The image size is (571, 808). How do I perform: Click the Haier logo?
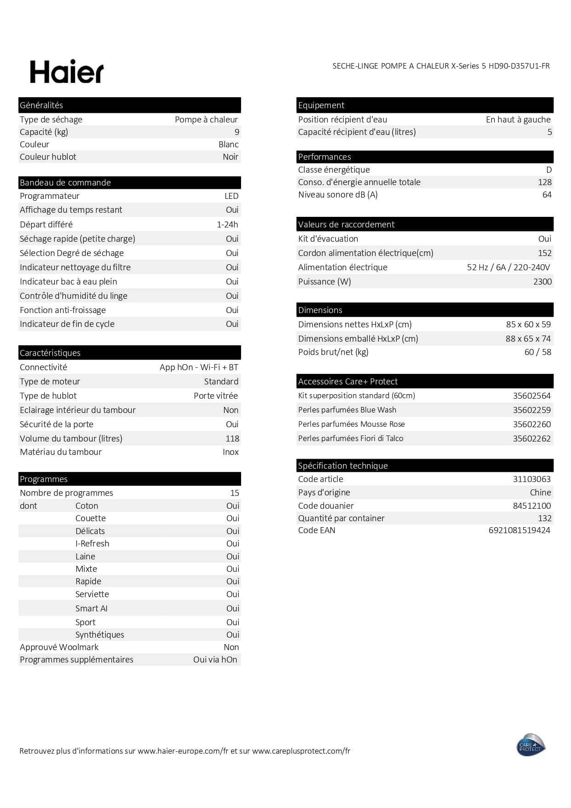click(x=67, y=72)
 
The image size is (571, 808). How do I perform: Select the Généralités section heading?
click(x=41, y=105)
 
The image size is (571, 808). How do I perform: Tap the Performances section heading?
click(x=324, y=157)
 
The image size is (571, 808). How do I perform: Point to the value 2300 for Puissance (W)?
click(x=542, y=282)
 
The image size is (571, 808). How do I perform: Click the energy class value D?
click(x=548, y=170)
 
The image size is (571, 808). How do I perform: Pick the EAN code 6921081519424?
click(x=519, y=530)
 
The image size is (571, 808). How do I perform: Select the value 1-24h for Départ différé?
click(x=227, y=225)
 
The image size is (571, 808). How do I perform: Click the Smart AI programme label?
click(x=91, y=609)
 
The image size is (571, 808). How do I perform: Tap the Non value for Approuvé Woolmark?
click(x=231, y=647)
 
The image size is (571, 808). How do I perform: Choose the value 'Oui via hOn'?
click(x=215, y=660)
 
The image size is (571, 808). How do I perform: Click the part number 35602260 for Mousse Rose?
click(x=531, y=424)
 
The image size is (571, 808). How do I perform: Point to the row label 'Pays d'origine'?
click(x=324, y=493)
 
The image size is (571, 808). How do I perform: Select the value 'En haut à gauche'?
click(x=518, y=120)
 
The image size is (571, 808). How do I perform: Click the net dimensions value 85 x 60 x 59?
click(x=528, y=325)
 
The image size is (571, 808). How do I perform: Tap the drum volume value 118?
click(x=232, y=439)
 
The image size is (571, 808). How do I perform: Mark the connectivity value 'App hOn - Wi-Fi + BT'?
click(x=199, y=367)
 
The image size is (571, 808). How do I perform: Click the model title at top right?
click(x=441, y=66)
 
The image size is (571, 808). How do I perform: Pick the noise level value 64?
click(x=547, y=195)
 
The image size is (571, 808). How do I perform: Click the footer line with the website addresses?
click(x=185, y=751)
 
